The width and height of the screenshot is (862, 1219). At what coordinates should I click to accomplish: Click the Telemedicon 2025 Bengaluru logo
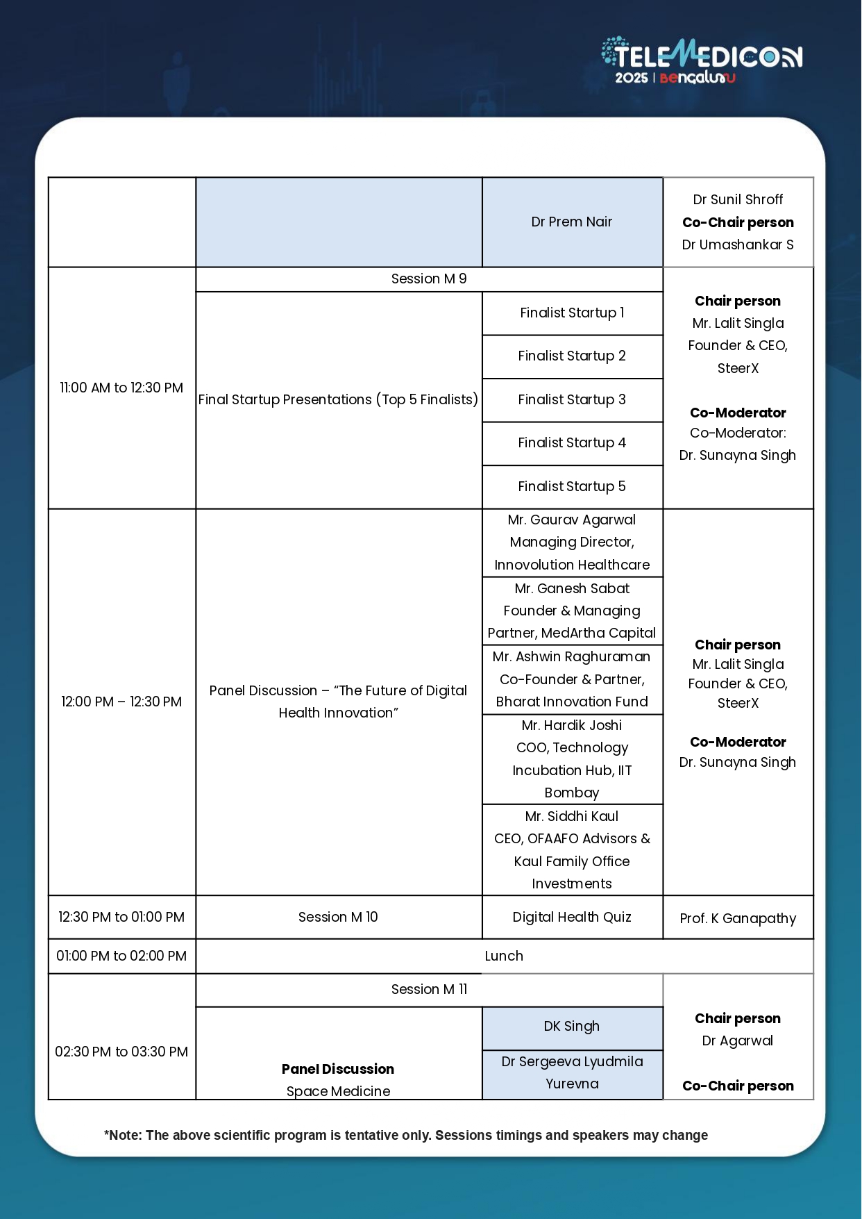(701, 61)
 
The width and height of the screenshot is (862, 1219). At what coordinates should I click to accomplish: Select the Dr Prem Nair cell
(572, 222)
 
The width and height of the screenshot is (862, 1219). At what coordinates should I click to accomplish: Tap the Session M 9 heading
(429, 279)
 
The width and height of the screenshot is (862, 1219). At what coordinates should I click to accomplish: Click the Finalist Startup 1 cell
(572, 313)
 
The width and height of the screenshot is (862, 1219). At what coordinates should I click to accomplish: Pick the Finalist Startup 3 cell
(572, 400)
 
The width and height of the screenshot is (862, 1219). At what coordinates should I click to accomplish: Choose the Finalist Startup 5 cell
(572, 487)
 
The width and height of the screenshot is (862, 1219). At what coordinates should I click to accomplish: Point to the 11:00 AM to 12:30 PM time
(121, 388)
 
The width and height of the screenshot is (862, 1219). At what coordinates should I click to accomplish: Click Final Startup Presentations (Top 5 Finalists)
(338, 400)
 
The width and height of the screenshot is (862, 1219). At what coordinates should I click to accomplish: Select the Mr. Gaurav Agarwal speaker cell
(572, 542)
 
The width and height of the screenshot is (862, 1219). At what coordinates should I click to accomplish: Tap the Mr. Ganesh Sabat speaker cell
(572, 611)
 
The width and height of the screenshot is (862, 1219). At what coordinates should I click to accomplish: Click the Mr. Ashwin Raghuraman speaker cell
(572, 679)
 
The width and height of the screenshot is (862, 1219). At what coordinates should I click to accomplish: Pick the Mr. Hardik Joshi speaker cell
(572, 759)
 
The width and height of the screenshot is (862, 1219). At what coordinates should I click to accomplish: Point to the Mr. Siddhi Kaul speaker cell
(572, 849)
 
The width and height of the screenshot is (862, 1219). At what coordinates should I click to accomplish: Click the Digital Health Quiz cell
(572, 918)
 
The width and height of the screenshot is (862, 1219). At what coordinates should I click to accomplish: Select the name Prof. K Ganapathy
(738, 919)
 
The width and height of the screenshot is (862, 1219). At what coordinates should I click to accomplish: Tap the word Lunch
(504, 956)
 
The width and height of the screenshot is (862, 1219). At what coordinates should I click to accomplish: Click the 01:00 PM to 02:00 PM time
(121, 956)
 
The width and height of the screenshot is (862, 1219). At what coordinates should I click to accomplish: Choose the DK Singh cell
(572, 1027)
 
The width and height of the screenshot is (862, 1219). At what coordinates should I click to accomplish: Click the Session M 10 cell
(338, 918)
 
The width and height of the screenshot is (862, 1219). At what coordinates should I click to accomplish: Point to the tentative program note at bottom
(406, 1136)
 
